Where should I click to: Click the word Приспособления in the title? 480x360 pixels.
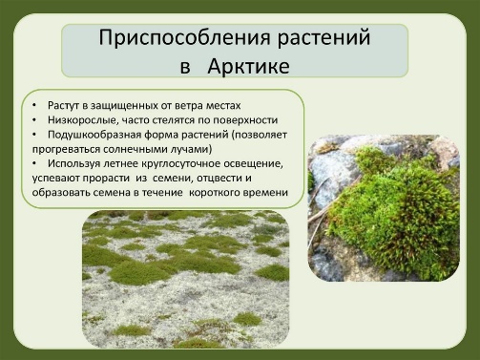coord(185,38)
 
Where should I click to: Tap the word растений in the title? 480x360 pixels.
coord(324,38)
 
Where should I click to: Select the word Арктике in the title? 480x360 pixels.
coord(248,66)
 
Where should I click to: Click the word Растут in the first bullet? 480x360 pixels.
coord(64,106)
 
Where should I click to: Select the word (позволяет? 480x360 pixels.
coord(260,135)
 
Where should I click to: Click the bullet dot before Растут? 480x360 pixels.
coord(34,106)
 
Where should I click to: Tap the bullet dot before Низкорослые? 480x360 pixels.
coord(34,120)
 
